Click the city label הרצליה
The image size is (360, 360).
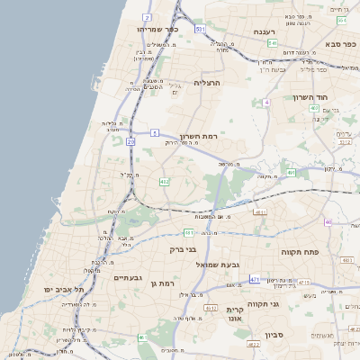click(207, 82)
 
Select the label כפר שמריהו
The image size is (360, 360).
click(159, 29)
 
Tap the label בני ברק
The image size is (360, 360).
click(183, 249)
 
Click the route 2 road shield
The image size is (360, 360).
click(147, 17)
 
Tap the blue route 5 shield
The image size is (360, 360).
click(155, 132)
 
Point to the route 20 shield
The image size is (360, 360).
click(130, 141)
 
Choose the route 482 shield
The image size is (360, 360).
click(164, 182)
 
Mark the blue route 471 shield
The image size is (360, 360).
click(255, 280)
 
